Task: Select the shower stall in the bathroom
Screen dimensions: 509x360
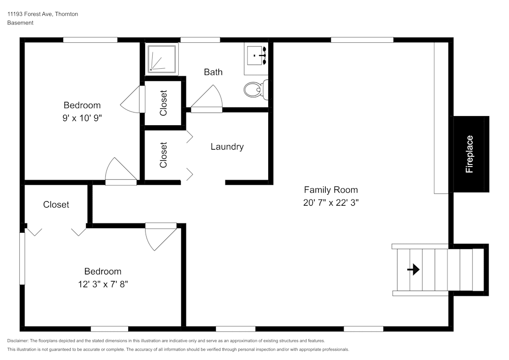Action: pos(162,59)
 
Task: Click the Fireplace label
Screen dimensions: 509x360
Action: pos(469,154)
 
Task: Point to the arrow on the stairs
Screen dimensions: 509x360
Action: pos(413,269)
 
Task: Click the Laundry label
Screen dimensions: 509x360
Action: pos(227,147)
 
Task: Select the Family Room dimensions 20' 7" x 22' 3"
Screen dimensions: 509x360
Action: pos(331,203)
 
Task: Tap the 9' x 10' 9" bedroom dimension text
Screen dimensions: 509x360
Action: pos(82,118)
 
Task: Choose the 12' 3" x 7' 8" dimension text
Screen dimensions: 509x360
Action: pos(103,284)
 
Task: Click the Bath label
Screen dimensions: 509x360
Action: pos(213,72)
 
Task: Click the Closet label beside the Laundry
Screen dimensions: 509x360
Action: pos(163,155)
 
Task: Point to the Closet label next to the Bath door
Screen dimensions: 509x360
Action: pos(163,103)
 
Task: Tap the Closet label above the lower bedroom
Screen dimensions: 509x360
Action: pos(56,205)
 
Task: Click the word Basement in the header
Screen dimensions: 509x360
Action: pos(20,23)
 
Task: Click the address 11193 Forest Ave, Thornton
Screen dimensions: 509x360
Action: pos(43,14)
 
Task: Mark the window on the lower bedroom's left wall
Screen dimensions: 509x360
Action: pos(22,258)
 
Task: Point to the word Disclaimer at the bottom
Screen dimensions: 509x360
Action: pos(17,341)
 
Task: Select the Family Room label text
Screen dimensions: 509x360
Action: pos(331,190)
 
